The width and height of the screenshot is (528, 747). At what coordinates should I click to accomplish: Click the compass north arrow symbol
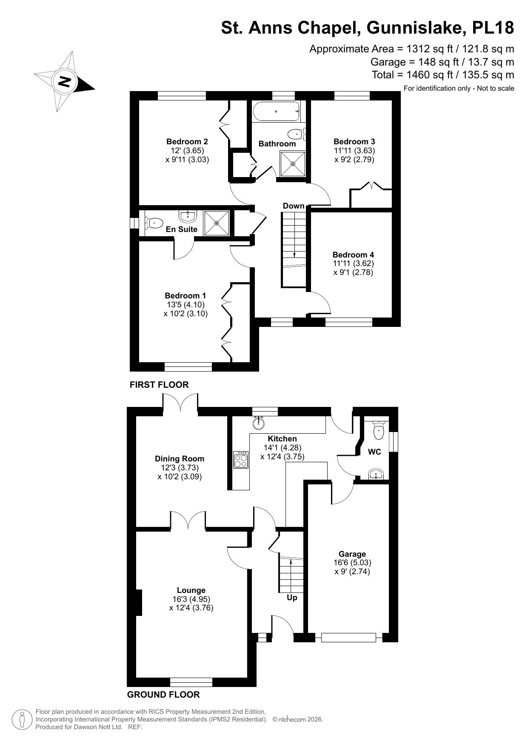point(64,81)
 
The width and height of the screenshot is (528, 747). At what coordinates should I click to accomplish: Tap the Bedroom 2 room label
point(187,142)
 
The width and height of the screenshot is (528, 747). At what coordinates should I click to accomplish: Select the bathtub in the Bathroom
point(276,112)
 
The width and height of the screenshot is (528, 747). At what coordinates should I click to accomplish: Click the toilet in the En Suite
point(154,222)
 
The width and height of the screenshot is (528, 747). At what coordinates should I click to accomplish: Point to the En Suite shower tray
point(217,223)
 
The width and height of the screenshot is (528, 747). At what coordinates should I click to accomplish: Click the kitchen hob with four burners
point(241,460)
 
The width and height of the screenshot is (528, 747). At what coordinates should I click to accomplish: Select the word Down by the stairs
point(294,206)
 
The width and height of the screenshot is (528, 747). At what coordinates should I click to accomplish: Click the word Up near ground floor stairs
point(292,598)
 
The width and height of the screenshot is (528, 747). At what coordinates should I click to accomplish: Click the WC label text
point(374,452)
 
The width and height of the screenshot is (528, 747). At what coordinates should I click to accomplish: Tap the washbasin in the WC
point(376,475)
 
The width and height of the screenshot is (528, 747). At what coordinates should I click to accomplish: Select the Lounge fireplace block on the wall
point(139,602)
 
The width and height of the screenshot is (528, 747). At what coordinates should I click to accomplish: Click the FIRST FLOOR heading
point(159,385)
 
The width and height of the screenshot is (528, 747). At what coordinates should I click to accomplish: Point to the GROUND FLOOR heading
point(163,695)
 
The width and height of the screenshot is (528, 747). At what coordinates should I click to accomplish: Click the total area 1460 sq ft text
point(442,75)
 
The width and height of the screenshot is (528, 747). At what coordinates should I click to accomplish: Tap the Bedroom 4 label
point(353,255)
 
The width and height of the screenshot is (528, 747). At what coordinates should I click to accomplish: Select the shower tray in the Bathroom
point(293,164)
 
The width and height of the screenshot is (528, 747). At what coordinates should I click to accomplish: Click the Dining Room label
point(180,459)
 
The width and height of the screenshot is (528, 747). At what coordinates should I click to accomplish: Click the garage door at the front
point(348,637)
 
